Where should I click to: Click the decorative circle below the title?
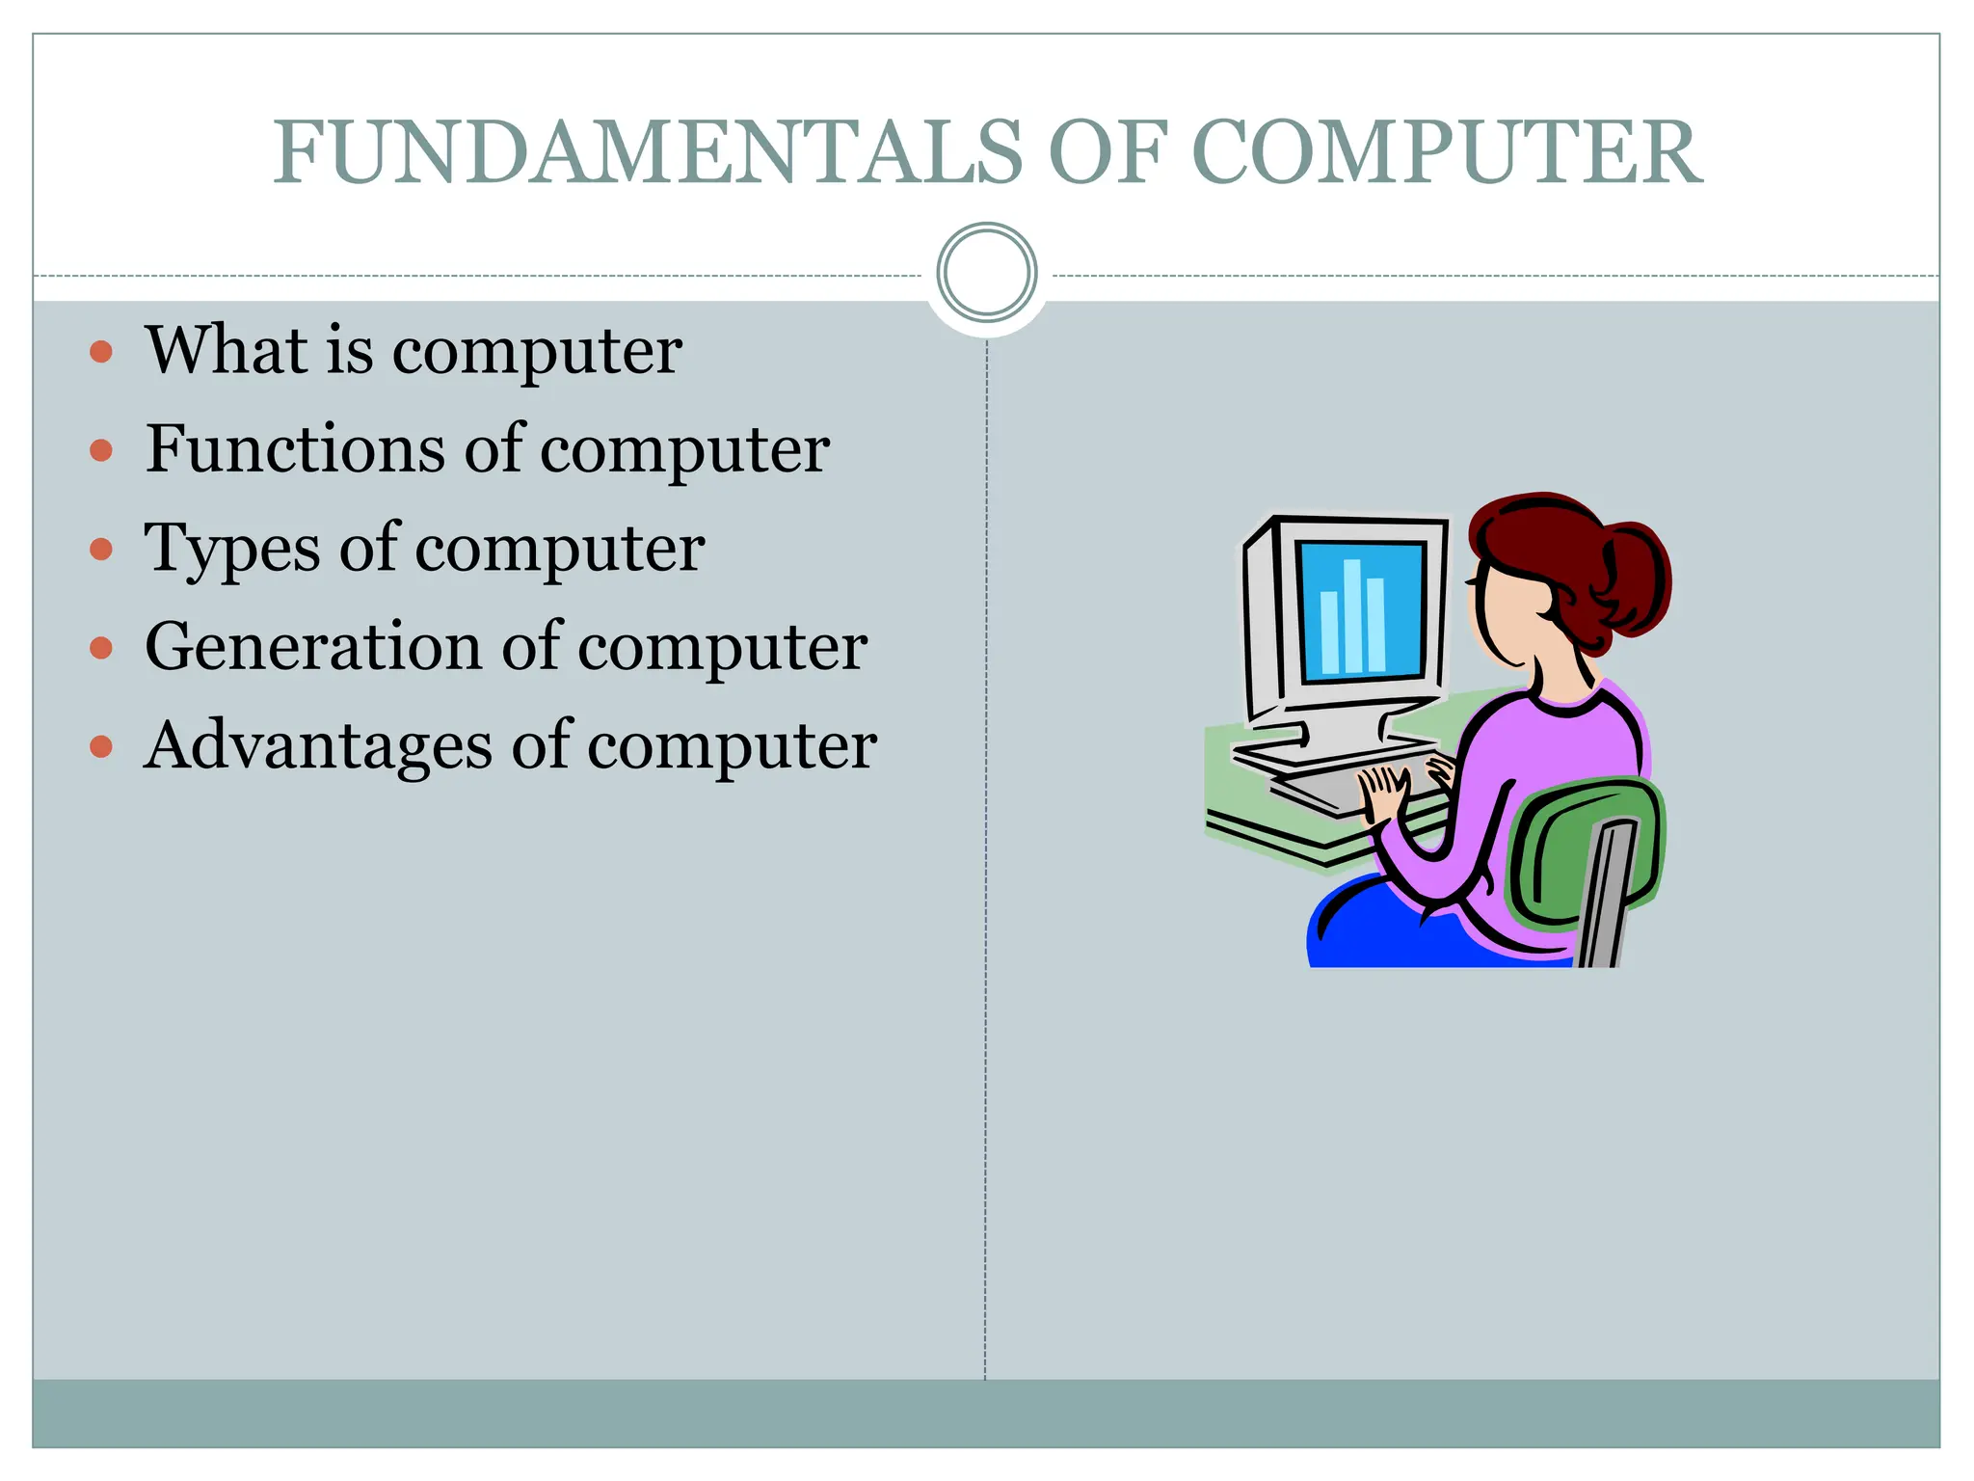pos(986,272)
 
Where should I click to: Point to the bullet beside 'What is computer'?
pos(101,351)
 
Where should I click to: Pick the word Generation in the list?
pos(314,646)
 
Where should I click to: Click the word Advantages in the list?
pos(318,746)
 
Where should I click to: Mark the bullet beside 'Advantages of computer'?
pos(101,746)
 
